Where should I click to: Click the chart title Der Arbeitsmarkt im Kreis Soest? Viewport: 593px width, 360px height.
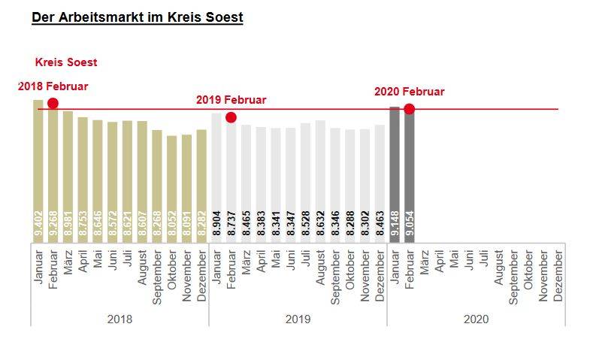click(x=137, y=17)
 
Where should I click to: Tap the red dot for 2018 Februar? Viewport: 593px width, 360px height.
click(x=53, y=103)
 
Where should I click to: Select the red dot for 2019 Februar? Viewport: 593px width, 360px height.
click(x=231, y=117)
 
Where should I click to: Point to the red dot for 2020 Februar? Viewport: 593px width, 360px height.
click(x=409, y=109)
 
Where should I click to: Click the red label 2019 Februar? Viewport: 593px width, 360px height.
click(x=231, y=100)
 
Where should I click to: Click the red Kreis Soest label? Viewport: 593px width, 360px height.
click(x=66, y=62)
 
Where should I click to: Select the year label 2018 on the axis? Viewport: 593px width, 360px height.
click(x=120, y=319)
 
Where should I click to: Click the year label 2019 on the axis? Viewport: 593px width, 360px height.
click(x=298, y=319)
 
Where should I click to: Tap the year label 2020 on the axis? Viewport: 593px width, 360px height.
click(x=476, y=319)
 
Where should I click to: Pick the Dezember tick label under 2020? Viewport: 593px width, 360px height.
click(x=558, y=275)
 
